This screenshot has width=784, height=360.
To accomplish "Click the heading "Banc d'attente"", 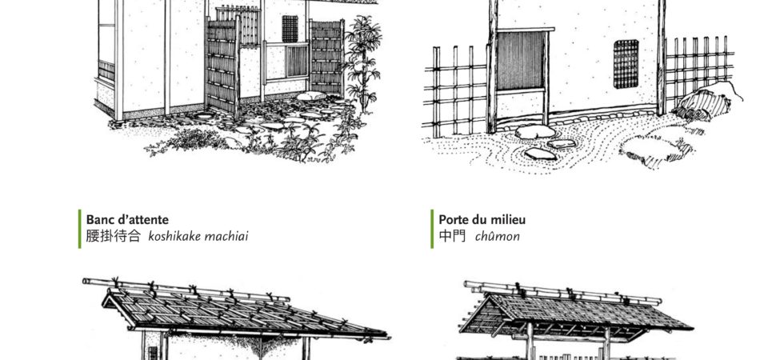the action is [x=127, y=219].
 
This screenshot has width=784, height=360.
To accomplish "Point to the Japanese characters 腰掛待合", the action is [x=114, y=236].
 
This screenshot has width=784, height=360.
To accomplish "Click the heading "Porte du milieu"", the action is [x=482, y=219].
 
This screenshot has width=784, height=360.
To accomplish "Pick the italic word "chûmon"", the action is [x=497, y=236].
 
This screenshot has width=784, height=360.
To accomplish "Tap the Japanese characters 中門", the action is [x=452, y=236].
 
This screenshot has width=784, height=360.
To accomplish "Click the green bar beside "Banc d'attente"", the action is [x=79, y=229].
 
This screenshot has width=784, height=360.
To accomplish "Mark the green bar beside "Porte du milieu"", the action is [x=432, y=229].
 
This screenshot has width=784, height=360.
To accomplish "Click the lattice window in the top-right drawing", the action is [x=626, y=63].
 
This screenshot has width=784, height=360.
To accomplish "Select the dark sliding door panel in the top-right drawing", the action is [x=521, y=61].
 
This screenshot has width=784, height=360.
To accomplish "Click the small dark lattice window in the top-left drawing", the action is [x=290, y=29].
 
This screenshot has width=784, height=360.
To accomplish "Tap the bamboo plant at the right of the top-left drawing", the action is [x=363, y=62].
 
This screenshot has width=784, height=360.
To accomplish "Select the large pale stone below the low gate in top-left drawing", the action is [x=311, y=95].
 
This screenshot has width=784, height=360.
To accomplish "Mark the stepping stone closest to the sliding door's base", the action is [x=535, y=132].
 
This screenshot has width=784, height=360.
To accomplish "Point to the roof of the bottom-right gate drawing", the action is [x=576, y=310].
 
